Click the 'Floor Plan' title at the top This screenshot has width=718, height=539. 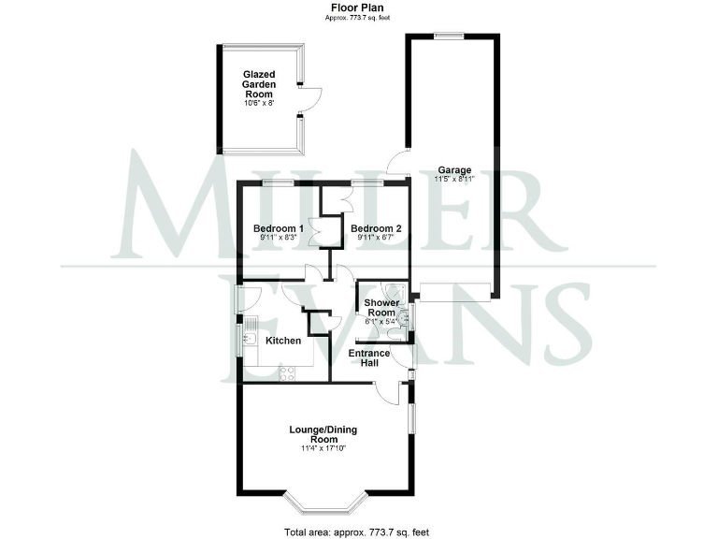click(359, 7)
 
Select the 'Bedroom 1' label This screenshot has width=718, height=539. click(279, 228)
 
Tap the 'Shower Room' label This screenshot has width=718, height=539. click(381, 310)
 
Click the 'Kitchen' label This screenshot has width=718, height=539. click(283, 341)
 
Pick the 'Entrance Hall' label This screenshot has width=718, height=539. click(369, 358)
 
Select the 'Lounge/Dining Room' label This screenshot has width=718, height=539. click(323, 434)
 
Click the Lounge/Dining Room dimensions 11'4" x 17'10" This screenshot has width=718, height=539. click(323, 450)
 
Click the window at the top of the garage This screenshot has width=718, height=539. click(447, 36)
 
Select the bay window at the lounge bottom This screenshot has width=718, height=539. click(323, 506)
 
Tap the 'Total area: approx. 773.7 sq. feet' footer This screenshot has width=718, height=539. click(359, 532)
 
